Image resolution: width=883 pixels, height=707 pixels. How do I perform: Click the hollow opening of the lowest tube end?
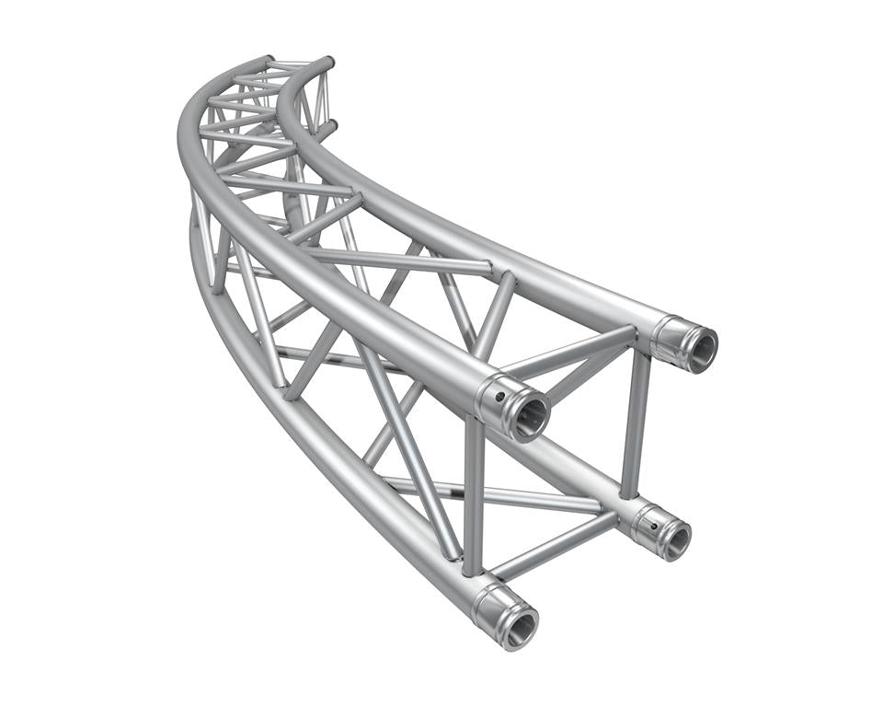521,627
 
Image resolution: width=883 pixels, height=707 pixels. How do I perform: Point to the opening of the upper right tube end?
701,347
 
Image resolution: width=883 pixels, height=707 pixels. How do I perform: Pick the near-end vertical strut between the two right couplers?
635,423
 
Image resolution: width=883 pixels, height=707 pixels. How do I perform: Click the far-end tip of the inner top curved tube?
326,62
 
